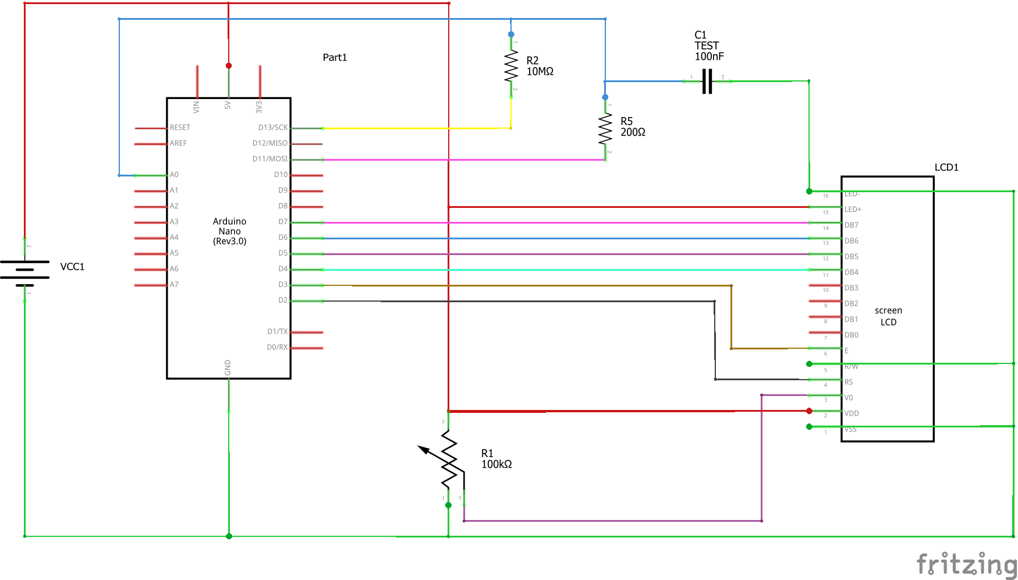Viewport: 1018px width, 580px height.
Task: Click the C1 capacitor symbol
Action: (x=707, y=82)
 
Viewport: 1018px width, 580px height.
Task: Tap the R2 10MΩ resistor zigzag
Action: (x=511, y=66)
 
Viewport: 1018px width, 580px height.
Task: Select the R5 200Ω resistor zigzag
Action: (x=605, y=128)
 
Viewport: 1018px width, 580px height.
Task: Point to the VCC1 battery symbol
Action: (x=24, y=270)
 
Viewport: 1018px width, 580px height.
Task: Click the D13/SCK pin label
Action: (x=273, y=128)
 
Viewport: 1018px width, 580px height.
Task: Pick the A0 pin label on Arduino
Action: (x=174, y=175)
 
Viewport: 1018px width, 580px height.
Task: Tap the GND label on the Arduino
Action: (x=228, y=367)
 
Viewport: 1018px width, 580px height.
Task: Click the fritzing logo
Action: (x=966, y=564)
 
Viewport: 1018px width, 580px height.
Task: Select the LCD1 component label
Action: (x=946, y=167)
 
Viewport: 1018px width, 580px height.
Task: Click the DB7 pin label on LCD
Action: (x=852, y=225)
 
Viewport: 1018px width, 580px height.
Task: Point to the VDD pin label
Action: (x=852, y=413)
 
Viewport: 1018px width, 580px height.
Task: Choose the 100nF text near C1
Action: (x=709, y=56)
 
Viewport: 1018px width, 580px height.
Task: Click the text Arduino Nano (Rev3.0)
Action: (x=229, y=231)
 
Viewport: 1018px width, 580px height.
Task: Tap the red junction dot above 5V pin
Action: (x=229, y=66)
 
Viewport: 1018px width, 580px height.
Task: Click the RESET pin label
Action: (x=180, y=128)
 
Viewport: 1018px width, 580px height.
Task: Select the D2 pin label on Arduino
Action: (x=283, y=300)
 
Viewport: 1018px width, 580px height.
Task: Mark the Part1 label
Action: (x=335, y=57)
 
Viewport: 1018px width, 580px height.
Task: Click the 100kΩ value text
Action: (x=496, y=464)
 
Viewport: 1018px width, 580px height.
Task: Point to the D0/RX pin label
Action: (x=277, y=347)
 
